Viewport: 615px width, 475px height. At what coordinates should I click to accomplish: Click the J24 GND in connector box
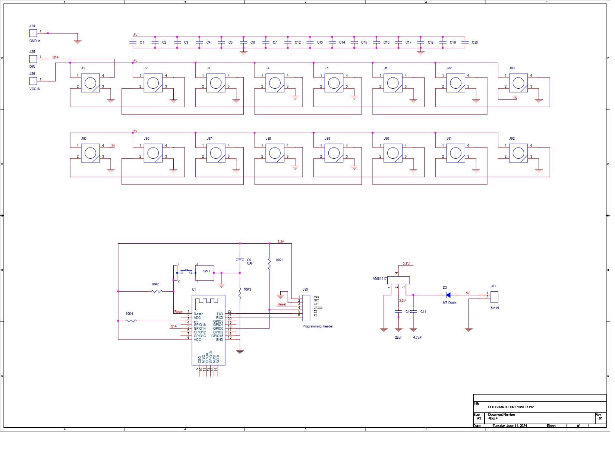pyautogui.click(x=33, y=33)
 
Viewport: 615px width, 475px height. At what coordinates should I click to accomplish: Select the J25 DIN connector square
pyautogui.click(x=33, y=59)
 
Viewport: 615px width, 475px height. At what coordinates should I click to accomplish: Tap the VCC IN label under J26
pyautogui.click(x=35, y=89)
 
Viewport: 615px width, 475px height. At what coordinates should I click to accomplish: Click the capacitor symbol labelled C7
pyautogui.click(x=266, y=42)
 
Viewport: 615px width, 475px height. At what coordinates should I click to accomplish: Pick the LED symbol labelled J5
pyautogui.click(x=334, y=83)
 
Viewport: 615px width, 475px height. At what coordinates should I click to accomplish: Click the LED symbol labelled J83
pyautogui.click(x=518, y=83)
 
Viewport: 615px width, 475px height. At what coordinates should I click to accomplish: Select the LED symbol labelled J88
pyautogui.click(x=275, y=153)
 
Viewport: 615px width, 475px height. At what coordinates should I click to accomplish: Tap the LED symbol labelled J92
pyautogui.click(x=518, y=153)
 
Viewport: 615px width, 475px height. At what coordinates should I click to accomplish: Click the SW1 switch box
pyautogui.click(x=205, y=273)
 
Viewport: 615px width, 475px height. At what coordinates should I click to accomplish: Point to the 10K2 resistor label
pyautogui.click(x=155, y=284)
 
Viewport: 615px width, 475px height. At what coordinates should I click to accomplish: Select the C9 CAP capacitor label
pyautogui.click(x=250, y=262)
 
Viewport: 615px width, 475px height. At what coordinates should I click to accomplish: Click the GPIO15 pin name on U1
pyautogui.click(x=217, y=336)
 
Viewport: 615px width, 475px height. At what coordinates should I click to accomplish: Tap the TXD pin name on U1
pyautogui.click(x=220, y=314)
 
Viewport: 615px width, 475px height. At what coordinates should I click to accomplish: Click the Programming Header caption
pyautogui.click(x=318, y=326)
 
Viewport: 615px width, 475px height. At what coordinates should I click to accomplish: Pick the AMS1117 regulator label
pyautogui.click(x=379, y=279)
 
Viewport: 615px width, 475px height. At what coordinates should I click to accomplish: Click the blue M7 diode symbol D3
pyautogui.click(x=448, y=295)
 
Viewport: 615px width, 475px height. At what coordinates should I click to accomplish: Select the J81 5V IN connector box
pyautogui.click(x=495, y=297)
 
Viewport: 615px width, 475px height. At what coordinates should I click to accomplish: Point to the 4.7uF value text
pyautogui.click(x=417, y=338)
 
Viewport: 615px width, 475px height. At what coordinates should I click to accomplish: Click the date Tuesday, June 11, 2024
pyautogui.click(x=510, y=426)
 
